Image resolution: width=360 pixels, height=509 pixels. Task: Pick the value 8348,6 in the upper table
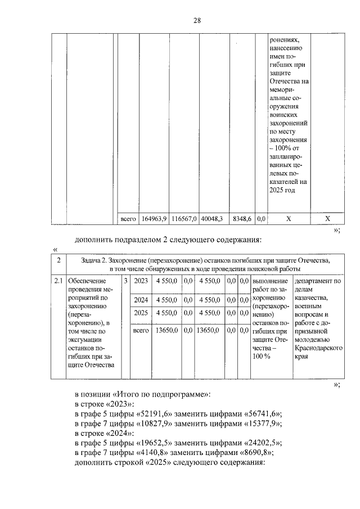[x=242, y=218]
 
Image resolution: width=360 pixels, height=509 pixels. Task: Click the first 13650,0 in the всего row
[x=166, y=331]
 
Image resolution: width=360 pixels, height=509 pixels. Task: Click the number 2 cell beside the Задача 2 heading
[x=58, y=260]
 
